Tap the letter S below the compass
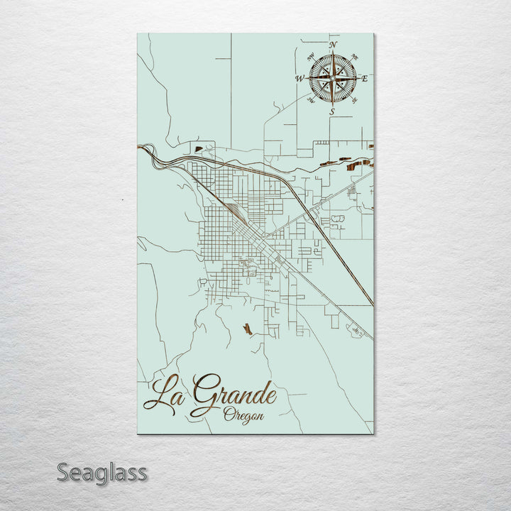(331, 111)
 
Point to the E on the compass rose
(365, 79)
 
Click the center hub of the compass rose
(332, 78)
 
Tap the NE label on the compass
(355, 57)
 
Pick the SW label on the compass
(311, 100)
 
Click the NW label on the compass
(310, 57)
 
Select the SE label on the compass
(354, 100)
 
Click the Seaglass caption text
(101, 472)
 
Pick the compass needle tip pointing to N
(332, 53)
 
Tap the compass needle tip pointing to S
(332, 105)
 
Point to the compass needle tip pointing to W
(307, 79)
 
